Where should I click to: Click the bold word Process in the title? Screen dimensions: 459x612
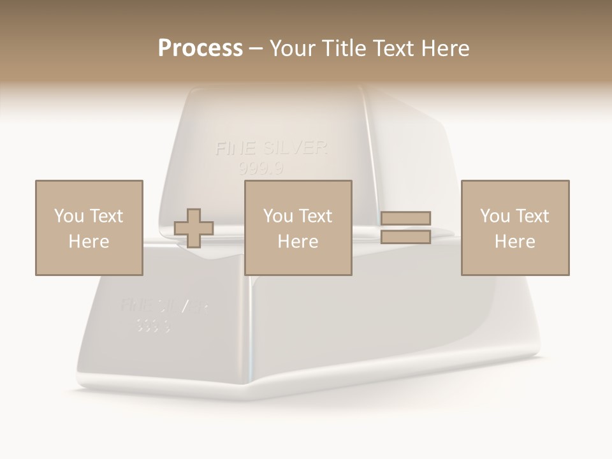(x=200, y=48)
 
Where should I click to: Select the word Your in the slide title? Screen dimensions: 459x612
(x=293, y=48)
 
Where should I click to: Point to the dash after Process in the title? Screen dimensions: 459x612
(x=256, y=49)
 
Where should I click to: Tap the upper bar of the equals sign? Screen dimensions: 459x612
(x=405, y=219)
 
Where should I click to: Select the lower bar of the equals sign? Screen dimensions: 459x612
(x=405, y=237)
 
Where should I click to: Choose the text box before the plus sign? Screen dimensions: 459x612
(x=89, y=228)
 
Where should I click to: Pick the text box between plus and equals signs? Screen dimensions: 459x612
(x=298, y=228)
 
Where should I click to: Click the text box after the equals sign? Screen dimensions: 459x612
(x=514, y=228)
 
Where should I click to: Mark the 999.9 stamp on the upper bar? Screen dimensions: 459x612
(x=261, y=169)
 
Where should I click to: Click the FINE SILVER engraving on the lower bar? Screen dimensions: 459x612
(x=164, y=306)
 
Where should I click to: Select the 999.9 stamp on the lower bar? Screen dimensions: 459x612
(x=153, y=326)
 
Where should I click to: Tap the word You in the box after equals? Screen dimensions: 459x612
(x=495, y=216)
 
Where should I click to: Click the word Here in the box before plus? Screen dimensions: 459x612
(x=89, y=242)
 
